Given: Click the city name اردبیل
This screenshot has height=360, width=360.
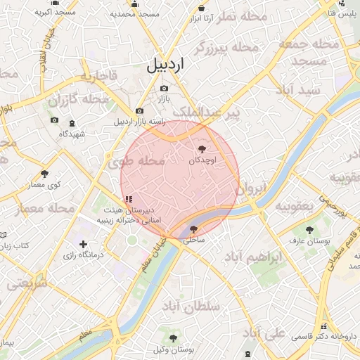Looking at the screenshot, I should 165,66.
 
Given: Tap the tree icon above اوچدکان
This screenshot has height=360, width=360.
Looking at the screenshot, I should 203,149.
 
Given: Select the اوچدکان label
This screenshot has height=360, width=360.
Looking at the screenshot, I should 203,160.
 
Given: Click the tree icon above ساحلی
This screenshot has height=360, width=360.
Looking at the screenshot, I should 194,229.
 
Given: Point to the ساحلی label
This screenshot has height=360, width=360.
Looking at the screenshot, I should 194,240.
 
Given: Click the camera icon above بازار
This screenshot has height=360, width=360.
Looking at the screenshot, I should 164,89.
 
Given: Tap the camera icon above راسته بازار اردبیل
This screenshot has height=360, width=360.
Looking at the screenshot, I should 139,111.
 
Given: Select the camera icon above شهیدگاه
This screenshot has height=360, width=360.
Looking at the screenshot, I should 55,121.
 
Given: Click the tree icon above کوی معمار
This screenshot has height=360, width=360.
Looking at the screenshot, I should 45,173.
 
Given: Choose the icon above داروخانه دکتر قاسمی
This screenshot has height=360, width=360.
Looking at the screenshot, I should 324,326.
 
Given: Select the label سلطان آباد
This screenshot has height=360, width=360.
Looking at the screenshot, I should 191,307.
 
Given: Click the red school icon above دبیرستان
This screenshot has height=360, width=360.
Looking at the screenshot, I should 127,200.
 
